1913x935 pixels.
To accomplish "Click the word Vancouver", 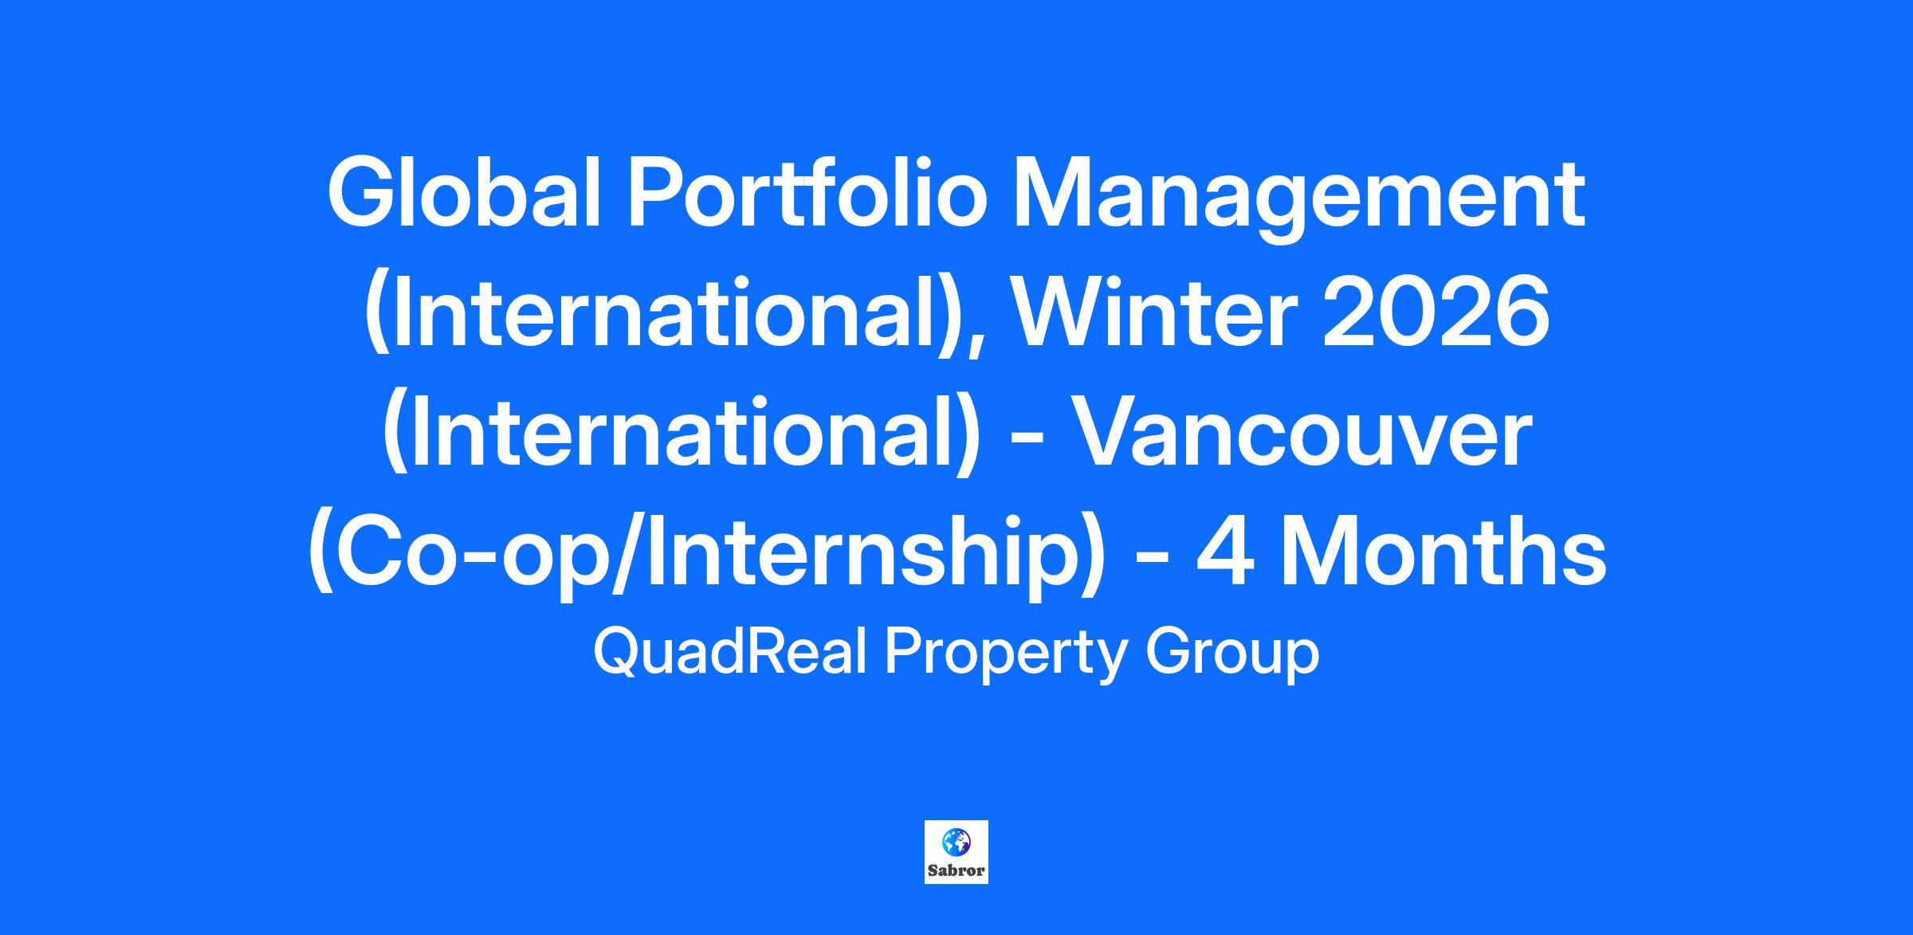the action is pyautogui.click(x=1304, y=435).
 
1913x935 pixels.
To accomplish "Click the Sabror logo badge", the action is pyautogui.click(x=956, y=852).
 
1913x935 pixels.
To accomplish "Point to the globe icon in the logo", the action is pyautogui.click(x=955, y=841).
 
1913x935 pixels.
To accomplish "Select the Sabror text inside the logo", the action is pyautogui.click(x=956, y=870).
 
